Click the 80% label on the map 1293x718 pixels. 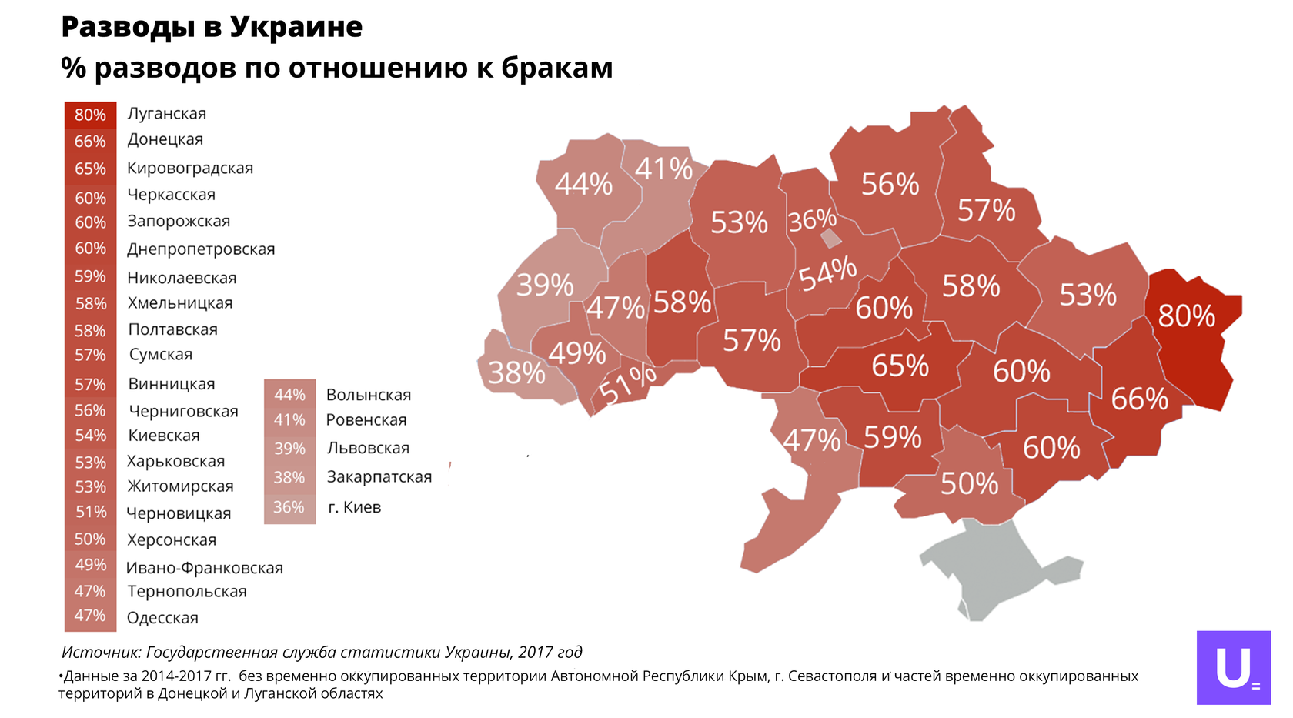[x=1186, y=316]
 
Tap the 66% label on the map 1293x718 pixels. [x=1139, y=399]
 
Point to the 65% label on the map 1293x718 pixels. [x=900, y=366]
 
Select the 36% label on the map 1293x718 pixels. [x=812, y=219]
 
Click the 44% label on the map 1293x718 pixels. [x=583, y=185]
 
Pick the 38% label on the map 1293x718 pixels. [x=516, y=372]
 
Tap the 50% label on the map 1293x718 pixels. [x=969, y=483]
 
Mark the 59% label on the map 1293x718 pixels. [x=893, y=437]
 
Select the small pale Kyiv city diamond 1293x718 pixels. [x=831, y=239]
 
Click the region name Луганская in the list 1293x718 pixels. [x=166, y=114]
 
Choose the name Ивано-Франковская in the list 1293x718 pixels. [x=205, y=568]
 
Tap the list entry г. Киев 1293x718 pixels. [x=354, y=507]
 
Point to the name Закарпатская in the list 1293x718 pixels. [x=379, y=477]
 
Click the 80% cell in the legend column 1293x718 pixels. [x=90, y=115]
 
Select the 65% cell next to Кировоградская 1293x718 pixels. [x=90, y=169]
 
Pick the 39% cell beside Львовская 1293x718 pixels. [x=289, y=449]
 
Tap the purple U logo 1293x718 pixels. [x=1234, y=668]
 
